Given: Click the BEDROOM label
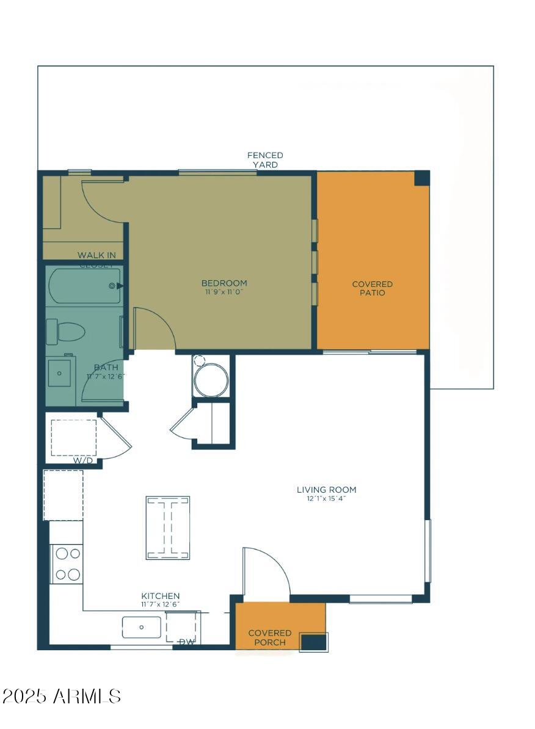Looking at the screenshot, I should click(224, 283).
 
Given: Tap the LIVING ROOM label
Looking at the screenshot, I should click(326, 490).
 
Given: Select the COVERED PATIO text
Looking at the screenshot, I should click(372, 288).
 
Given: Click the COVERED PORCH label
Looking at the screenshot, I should click(269, 637).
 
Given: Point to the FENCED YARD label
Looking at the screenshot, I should click(265, 160).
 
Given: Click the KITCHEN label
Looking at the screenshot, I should click(161, 596).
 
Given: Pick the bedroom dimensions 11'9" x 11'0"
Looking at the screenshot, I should click(224, 292).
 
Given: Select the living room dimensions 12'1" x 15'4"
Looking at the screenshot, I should click(326, 498).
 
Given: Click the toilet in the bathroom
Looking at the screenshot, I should click(65, 333).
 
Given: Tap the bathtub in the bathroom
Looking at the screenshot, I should click(85, 286).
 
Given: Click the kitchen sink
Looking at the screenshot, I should click(142, 627).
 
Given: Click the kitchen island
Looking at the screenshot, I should click(167, 528).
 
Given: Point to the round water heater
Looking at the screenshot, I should click(211, 381).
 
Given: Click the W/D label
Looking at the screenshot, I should click(83, 460).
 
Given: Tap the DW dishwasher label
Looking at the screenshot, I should click(186, 642).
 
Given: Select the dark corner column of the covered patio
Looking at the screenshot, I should click(421, 178).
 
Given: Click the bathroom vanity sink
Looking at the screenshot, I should click(60, 372).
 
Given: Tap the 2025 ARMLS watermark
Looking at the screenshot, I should click(62, 696).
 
